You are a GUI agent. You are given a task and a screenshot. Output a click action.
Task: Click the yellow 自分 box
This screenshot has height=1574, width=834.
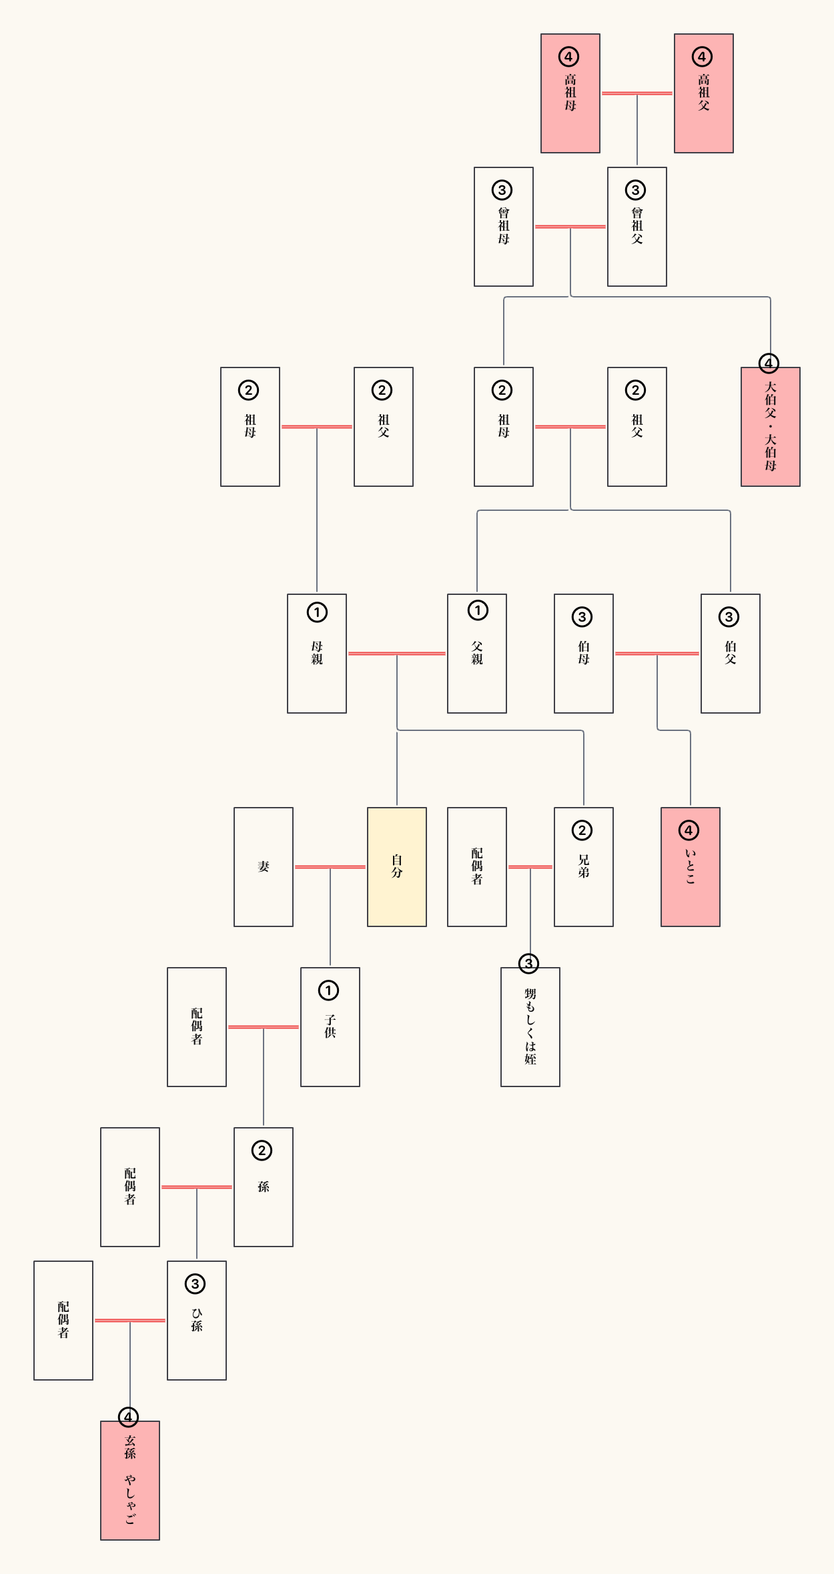397,866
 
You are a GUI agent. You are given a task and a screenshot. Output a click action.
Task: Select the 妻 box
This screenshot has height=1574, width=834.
264,866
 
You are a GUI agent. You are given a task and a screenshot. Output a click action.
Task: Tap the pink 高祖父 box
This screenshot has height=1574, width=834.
704,93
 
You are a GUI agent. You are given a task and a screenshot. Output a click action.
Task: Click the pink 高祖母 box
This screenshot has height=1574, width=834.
570,93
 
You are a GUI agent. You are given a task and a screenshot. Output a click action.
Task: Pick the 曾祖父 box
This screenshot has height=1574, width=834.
637,227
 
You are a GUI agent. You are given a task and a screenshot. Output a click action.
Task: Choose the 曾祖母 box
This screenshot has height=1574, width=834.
504,227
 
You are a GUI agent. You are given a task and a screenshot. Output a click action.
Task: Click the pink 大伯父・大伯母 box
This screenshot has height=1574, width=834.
771,427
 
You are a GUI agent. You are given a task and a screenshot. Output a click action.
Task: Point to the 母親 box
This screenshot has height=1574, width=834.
317,654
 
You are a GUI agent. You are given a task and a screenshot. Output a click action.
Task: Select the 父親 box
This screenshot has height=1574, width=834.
477,654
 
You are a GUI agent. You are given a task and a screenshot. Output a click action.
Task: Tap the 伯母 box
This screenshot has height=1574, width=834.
584,654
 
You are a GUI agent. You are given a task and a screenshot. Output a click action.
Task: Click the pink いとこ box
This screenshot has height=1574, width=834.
691,867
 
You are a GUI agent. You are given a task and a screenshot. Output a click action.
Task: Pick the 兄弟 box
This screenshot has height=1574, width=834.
584,867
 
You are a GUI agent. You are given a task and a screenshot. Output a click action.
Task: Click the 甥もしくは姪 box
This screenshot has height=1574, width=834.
530,1027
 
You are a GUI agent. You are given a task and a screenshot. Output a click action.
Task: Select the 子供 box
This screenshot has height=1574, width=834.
330,1027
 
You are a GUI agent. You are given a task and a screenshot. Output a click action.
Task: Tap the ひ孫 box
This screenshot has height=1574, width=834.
197,1321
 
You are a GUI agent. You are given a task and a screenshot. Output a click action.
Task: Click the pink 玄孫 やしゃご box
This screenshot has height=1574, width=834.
130,1481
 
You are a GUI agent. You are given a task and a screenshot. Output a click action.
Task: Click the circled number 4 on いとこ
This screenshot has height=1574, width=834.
689,830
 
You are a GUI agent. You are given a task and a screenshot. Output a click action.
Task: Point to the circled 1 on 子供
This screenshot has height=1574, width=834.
328,990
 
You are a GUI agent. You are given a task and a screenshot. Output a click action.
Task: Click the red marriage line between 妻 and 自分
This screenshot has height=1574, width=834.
330,867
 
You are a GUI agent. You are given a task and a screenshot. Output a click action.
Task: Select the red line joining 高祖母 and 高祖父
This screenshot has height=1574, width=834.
637,93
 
